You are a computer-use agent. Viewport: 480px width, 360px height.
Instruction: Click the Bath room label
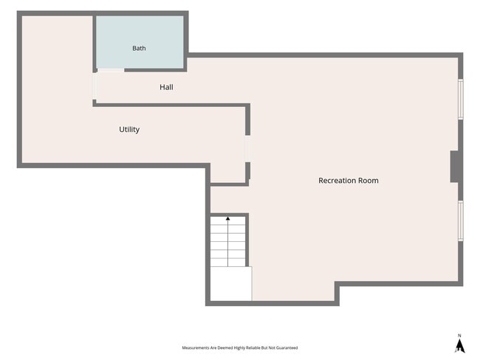point(139,49)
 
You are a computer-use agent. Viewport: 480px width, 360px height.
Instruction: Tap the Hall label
point(166,87)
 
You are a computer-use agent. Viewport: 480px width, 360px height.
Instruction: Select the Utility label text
point(129,130)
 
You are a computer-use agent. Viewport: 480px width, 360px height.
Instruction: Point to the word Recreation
point(337,181)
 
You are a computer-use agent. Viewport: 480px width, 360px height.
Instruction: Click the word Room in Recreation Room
point(368,181)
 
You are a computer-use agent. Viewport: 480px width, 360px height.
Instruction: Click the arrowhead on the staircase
point(227,218)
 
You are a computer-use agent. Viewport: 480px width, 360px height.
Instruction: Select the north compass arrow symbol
point(460,346)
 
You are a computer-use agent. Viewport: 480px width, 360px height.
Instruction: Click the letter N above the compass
point(459,336)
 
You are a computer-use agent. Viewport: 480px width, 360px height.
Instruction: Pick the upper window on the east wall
point(460,99)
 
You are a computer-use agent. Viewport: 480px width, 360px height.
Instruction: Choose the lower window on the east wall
point(460,221)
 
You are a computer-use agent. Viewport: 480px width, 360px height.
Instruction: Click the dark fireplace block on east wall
point(454,167)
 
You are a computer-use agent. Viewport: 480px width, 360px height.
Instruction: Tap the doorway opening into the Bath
point(111,70)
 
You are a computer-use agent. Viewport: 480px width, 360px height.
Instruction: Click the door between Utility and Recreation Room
point(247,149)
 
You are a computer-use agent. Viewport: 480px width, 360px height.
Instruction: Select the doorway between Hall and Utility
point(95,86)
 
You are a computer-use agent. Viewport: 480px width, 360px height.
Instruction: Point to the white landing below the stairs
point(231,283)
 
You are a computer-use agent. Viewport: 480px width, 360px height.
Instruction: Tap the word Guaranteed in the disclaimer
point(287,347)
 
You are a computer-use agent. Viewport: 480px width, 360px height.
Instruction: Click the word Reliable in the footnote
point(253,347)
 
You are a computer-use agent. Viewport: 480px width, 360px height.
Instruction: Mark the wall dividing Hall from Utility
point(171,105)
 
